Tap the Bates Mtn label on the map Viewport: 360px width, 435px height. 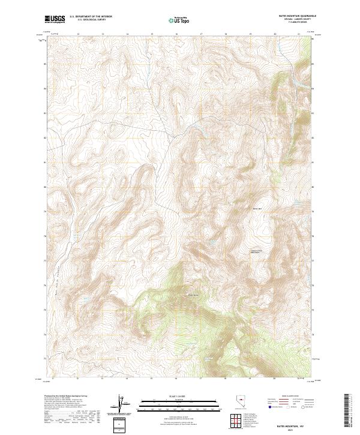258,208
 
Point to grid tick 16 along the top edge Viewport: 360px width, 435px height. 176,34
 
